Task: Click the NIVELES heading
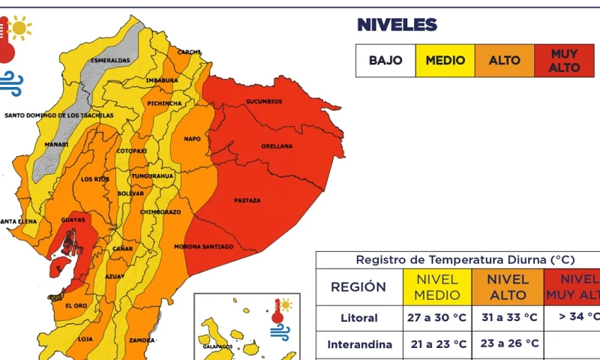coord(396,25)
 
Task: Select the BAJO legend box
coord(385,61)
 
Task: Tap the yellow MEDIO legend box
coord(445,61)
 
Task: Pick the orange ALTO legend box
coord(504,61)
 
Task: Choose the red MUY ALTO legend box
coord(564,61)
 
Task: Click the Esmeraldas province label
coord(110,60)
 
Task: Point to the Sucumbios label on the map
coord(264,101)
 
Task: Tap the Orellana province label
coord(277,146)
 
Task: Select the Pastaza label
coord(247,200)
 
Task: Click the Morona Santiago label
coord(203,247)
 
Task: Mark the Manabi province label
coord(56,144)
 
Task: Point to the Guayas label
coord(73,220)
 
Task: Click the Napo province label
coord(192,139)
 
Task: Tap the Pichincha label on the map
coord(164,103)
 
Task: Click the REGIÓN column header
coord(358,286)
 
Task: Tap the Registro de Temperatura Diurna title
coord(465,259)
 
